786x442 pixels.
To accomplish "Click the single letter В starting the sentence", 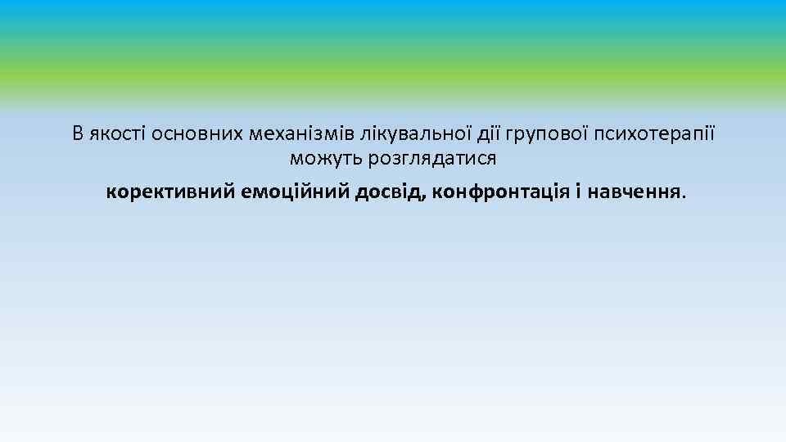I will coord(77,133).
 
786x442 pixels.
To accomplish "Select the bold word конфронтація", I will coord(501,192).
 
